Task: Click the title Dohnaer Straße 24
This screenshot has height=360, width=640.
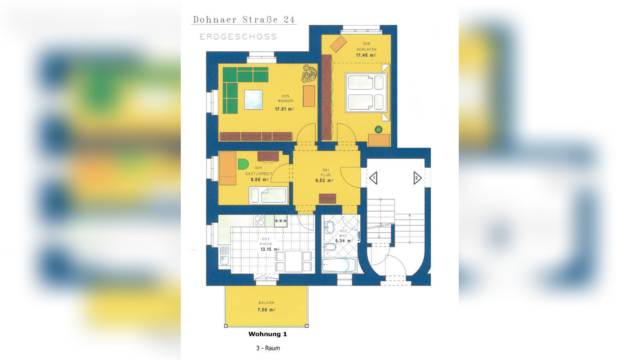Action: [x=244, y=19]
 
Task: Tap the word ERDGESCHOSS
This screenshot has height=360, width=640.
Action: [x=238, y=36]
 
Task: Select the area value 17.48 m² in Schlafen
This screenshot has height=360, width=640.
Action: [x=366, y=55]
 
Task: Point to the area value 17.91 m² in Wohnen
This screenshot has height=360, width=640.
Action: [x=284, y=109]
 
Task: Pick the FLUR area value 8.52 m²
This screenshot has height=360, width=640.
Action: [x=324, y=180]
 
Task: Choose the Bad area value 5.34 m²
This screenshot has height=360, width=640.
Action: [x=343, y=241]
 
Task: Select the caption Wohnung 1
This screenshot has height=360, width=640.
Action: [x=268, y=334]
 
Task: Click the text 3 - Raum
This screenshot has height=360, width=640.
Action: [x=268, y=348]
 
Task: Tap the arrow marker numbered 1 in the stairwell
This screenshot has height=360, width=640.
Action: [x=373, y=178]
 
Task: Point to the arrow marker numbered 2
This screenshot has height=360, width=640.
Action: [x=417, y=178]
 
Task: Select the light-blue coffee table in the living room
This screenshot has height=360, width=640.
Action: [x=253, y=99]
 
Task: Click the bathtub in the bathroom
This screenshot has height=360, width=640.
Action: [x=339, y=265]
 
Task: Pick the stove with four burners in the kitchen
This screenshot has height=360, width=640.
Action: [x=259, y=220]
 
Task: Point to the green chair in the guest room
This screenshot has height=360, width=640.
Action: [x=243, y=164]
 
